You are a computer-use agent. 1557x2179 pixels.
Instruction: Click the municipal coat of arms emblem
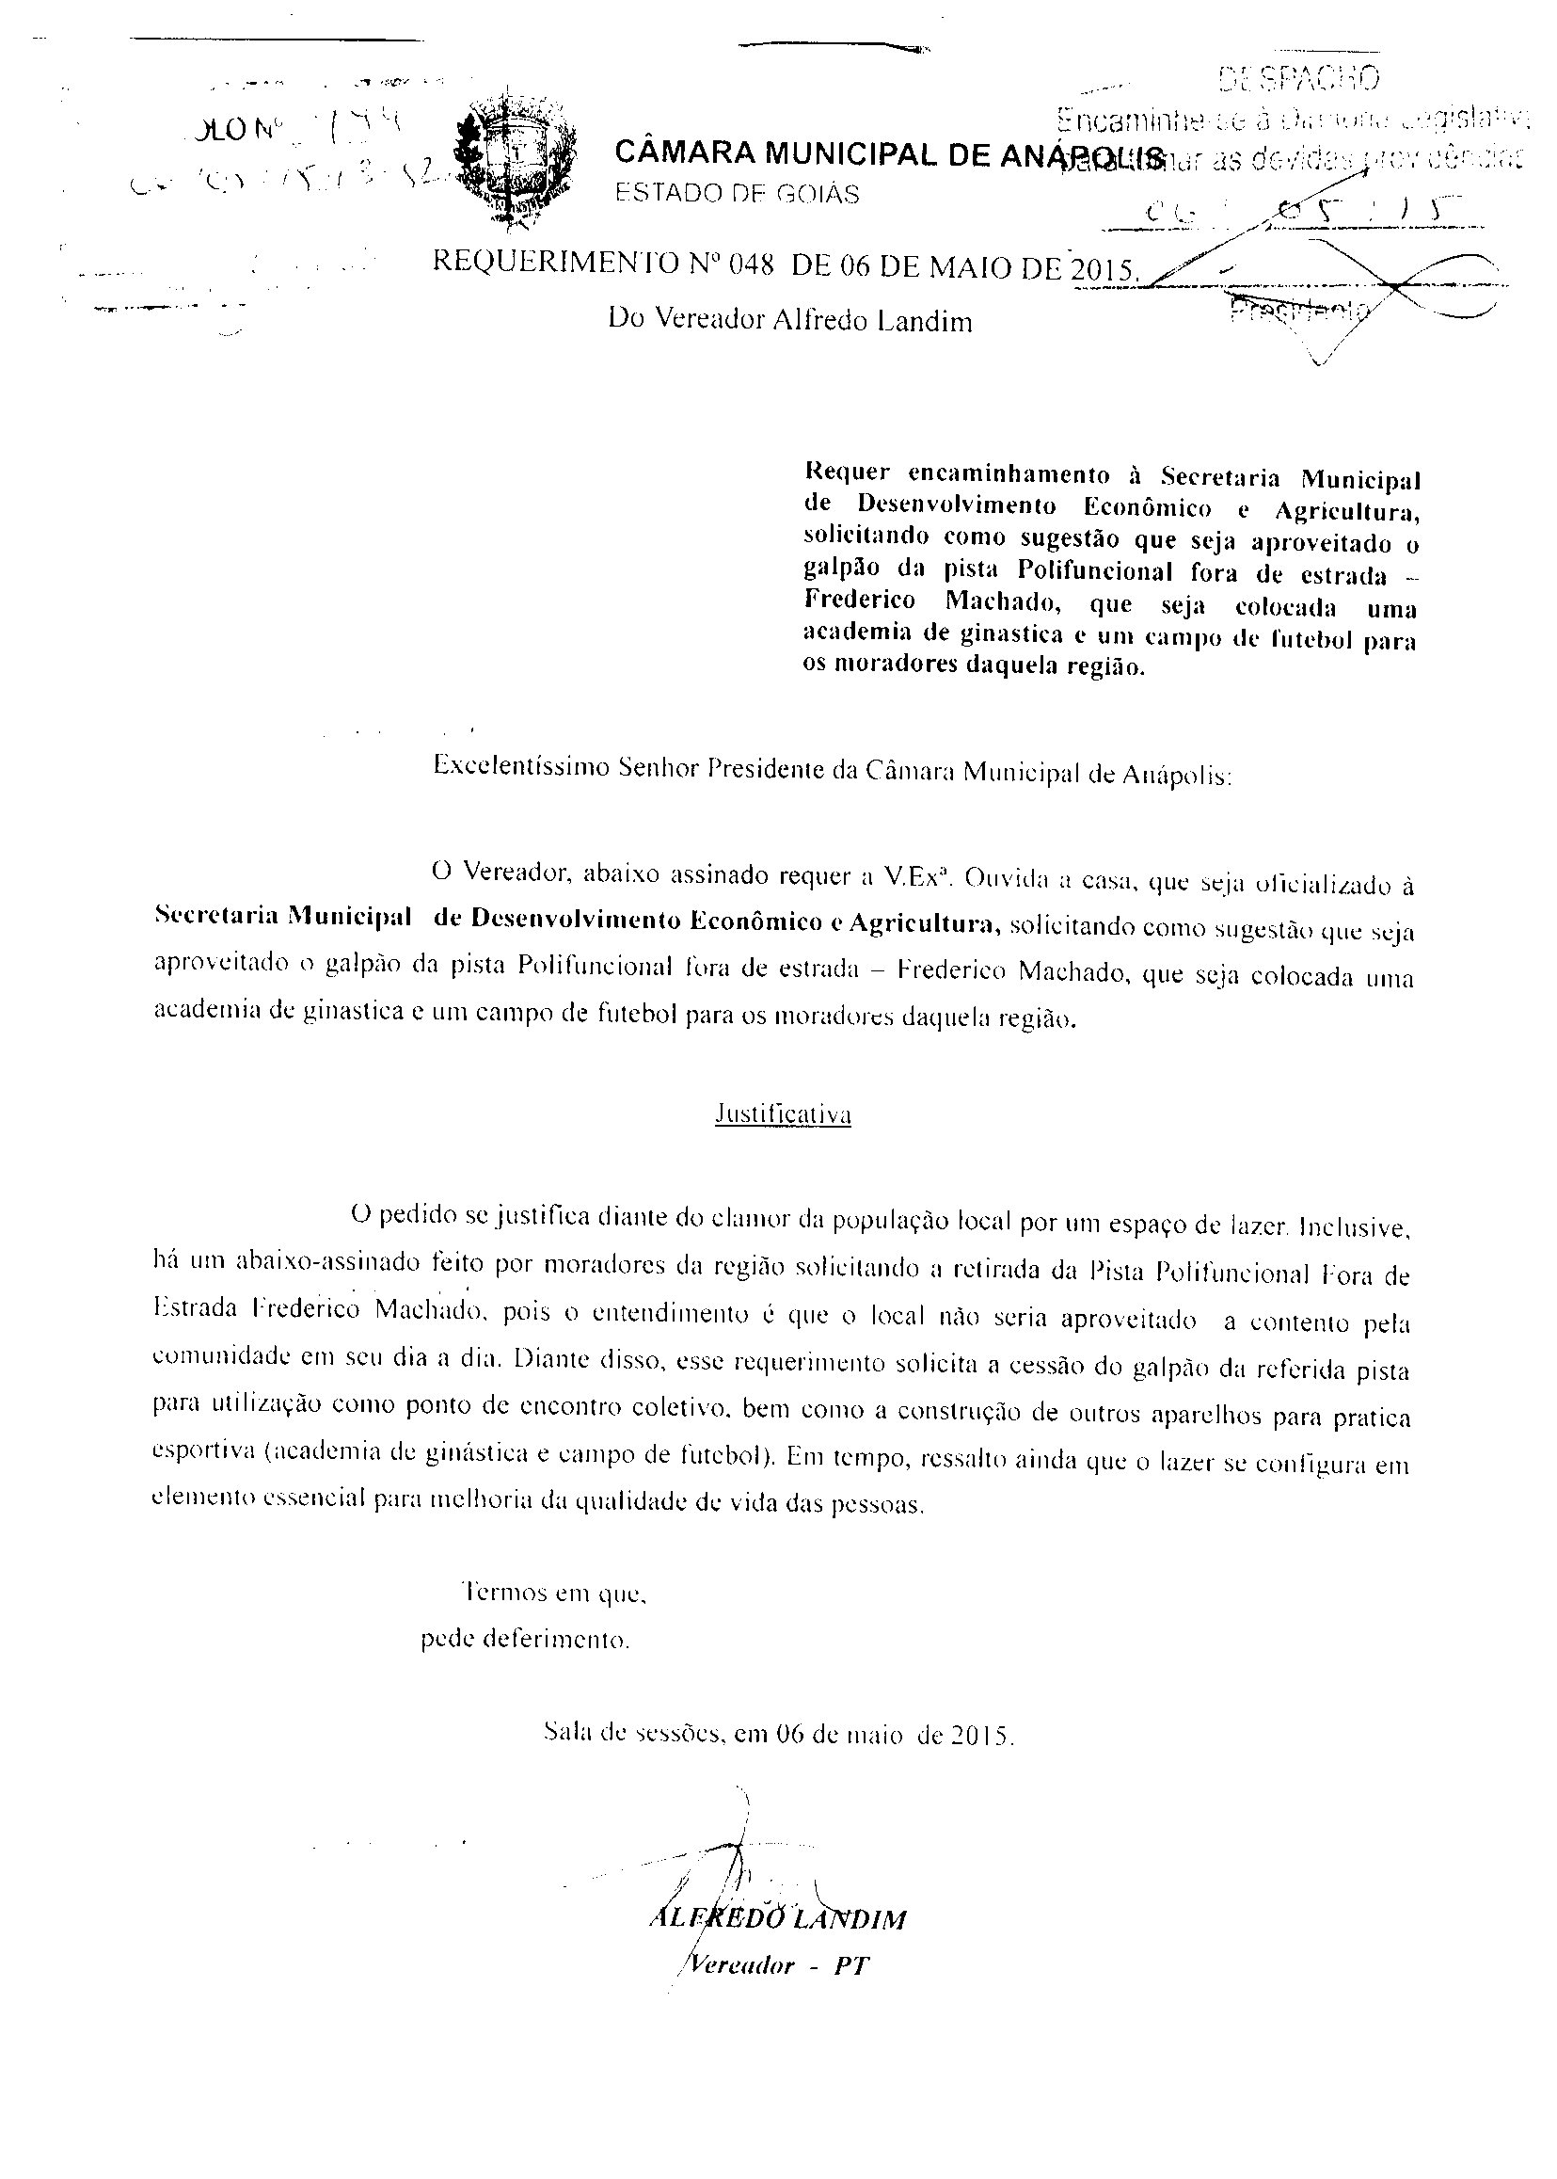coord(516,163)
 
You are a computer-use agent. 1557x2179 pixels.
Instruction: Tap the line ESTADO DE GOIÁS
coord(737,194)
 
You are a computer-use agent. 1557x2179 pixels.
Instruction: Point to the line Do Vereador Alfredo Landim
coord(790,320)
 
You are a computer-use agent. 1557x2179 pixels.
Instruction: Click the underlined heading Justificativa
coord(784,1114)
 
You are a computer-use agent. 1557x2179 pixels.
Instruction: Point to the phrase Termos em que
coord(556,1593)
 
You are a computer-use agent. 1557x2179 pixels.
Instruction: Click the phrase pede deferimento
coord(525,1639)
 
